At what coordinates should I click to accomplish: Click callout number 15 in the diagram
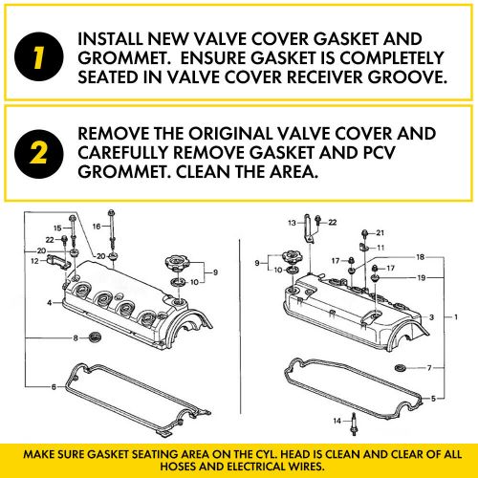pyautogui.click(x=57, y=227)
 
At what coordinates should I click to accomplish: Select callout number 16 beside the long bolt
pyautogui.click(x=97, y=226)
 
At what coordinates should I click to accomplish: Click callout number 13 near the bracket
pyautogui.click(x=293, y=222)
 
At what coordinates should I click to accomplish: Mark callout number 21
pyautogui.click(x=380, y=232)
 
